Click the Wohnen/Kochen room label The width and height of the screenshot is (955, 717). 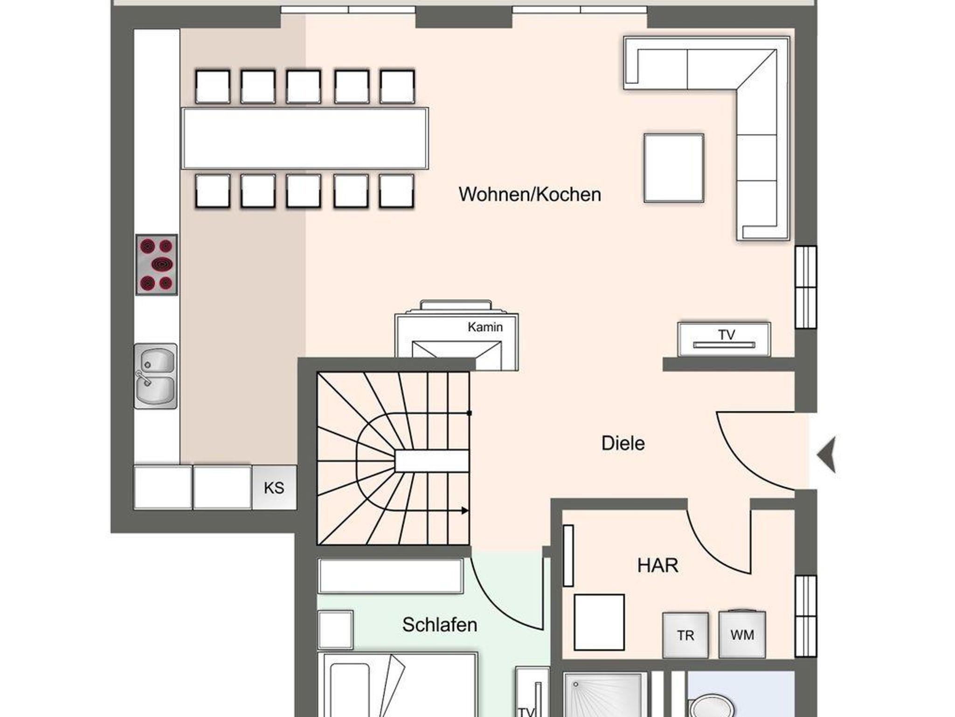[530, 195]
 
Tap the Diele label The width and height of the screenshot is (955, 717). [623, 443]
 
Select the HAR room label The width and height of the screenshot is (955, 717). [657, 565]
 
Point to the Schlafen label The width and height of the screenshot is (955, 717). [440, 625]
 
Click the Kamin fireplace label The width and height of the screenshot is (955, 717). [485, 327]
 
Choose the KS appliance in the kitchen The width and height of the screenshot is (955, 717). [274, 487]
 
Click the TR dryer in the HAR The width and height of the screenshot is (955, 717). [685, 635]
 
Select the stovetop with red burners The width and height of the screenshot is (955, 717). [157, 264]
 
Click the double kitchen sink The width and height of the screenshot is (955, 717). [156, 376]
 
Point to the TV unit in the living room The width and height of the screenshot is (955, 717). [724, 339]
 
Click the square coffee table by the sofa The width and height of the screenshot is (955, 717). [674, 168]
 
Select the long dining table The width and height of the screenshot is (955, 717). [305, 138]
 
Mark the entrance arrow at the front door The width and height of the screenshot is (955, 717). [826, 455]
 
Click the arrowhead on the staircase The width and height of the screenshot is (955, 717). [465, 511]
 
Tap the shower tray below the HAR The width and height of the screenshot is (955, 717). [605, 694]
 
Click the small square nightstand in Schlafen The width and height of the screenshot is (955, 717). [336, 629]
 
